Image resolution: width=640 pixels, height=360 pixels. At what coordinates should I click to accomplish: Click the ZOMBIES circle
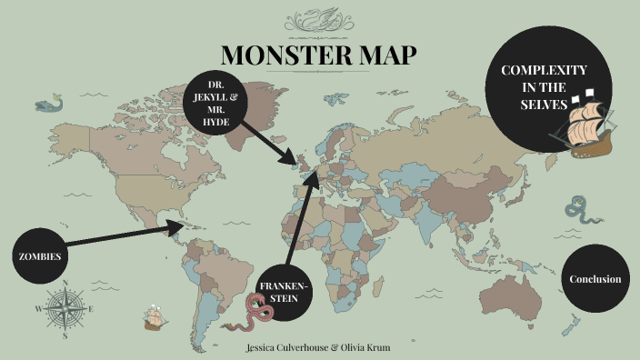(40, 256)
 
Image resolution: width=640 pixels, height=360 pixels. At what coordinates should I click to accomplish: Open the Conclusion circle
(595, 279)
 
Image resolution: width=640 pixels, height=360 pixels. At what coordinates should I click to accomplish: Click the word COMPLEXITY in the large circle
(544, 71)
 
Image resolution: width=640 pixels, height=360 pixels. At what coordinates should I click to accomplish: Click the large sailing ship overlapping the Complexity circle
(584, 123)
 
